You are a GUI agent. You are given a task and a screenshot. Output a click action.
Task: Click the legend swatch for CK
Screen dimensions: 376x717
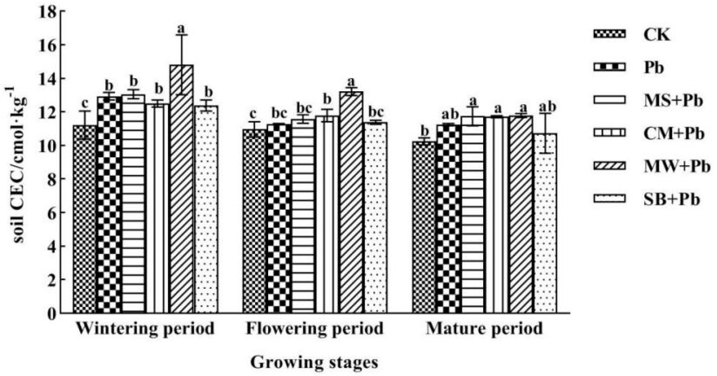click(609, 42)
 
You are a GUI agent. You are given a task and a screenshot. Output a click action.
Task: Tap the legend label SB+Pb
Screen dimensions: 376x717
click(671, 199)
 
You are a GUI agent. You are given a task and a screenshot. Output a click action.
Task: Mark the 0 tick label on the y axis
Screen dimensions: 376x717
click(52, 314)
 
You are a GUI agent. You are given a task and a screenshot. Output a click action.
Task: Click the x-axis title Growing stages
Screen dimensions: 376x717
click(314, 362)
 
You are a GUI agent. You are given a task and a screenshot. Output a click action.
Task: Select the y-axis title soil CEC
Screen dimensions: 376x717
click(15, 166)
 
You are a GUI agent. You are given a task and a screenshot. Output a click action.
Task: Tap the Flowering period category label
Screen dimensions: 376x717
click(314, 328)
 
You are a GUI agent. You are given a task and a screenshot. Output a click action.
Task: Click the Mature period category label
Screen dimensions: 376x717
click(484, 328)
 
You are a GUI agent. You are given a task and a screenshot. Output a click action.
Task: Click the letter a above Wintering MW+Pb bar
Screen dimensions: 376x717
click(181, 29)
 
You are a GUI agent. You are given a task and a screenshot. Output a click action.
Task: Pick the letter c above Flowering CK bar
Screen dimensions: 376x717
click(253, 114)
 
